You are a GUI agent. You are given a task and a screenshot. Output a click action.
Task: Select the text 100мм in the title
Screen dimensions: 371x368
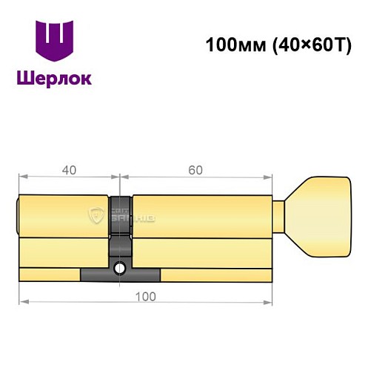230,45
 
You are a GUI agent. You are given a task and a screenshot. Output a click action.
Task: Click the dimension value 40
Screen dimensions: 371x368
69,170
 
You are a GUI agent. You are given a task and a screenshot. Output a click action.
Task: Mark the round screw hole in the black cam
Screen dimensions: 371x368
119,269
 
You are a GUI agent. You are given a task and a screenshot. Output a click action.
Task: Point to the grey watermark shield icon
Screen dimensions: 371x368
97,216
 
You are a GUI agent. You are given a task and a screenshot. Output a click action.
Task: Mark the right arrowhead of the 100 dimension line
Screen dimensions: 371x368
266,302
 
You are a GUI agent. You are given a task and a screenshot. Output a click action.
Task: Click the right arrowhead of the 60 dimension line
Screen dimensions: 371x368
266,177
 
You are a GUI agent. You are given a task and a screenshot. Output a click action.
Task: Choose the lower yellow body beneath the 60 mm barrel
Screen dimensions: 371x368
200,252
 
